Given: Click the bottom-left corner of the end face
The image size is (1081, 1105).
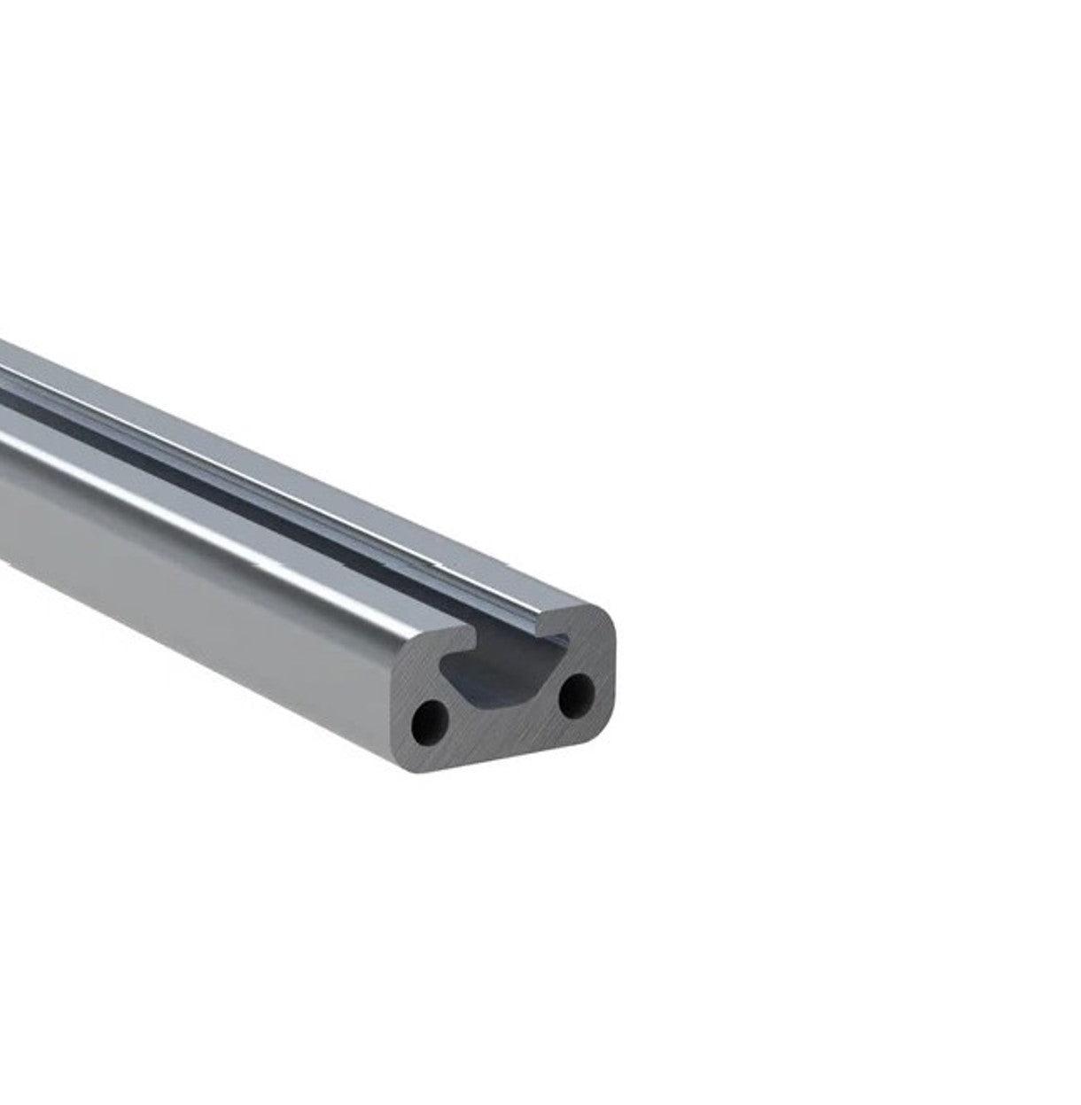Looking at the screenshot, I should (419, 768).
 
